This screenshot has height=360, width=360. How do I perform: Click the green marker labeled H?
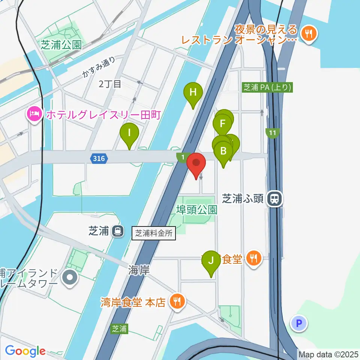click(x=193, y=92)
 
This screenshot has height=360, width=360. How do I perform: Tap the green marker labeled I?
click(x=129, y=133)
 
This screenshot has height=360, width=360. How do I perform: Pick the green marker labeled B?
click(x=223, y=151)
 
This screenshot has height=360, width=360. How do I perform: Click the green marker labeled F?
click(x=223, y=123)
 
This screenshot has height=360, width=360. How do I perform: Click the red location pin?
click(x=196, y=163)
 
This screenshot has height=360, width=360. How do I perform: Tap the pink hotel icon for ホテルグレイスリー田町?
click(x=34, y=114)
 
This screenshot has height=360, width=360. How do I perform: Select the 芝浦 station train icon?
click(x=118, y=231)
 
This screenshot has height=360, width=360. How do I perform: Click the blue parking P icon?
click(x=299, y=323)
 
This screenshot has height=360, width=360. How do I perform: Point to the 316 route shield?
click(x=99, y=159)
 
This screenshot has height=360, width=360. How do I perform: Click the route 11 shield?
click(x=273, y=133)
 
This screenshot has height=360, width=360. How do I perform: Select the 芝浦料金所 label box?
click(x=154, y=233)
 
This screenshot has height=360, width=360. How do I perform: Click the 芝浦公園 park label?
click(x=61, y=45)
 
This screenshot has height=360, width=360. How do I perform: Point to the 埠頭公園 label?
click(x=197, y=209)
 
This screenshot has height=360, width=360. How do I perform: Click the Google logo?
click(x=25, y=351)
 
